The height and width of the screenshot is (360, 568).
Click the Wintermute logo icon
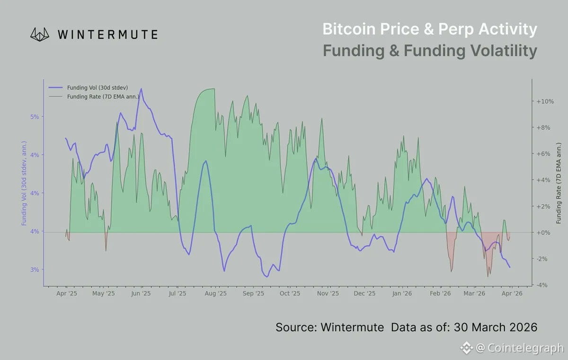(40, 34)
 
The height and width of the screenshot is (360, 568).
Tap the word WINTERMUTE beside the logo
(107, 35)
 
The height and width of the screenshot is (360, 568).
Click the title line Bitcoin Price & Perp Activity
(429, 29)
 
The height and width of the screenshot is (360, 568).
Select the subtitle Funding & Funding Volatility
(429, 51)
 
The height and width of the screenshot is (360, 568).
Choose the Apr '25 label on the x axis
(67, 294)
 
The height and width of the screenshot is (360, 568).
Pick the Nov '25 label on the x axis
(328, 294)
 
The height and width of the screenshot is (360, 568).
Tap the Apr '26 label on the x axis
(512, 294)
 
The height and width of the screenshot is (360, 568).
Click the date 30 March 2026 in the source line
(496, 327)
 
